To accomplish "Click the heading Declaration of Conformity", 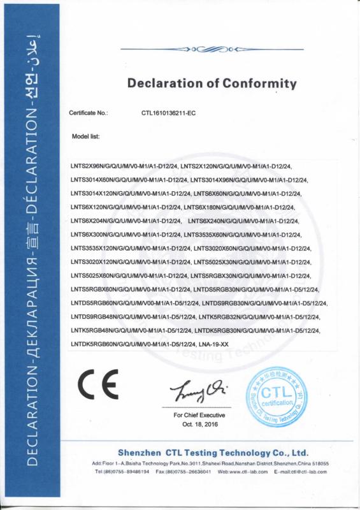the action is (x=212, y=84).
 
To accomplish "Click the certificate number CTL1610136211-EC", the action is (x=168, y=112).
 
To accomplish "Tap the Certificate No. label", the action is (x=89, y=112).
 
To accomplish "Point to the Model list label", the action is (x=85, y=136).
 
